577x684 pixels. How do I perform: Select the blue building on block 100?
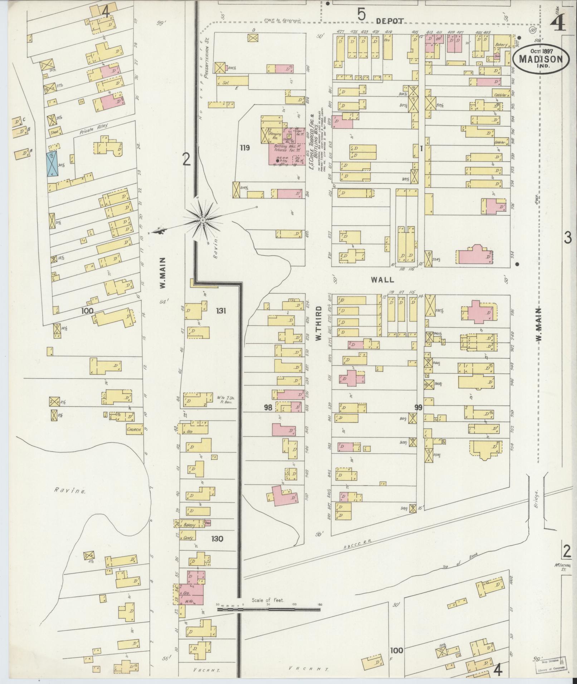point(52,164)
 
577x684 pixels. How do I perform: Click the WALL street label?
point(382,280)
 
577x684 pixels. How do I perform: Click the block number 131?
point(221,311)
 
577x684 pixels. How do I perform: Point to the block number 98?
point(268,407)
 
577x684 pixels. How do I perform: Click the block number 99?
point(419,407)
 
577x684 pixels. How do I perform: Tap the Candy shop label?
point(188,538)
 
